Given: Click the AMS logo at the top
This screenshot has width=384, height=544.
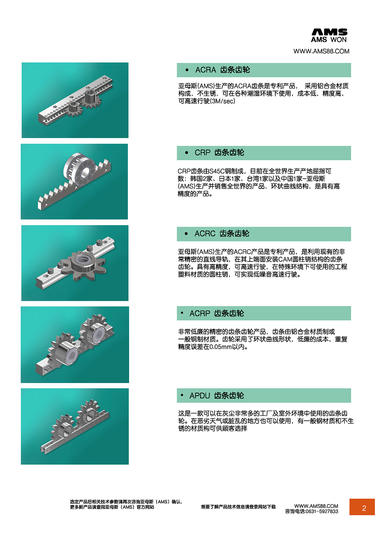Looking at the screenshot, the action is tap(329, 35).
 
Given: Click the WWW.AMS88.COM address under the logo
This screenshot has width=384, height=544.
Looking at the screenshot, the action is tap(321, 51).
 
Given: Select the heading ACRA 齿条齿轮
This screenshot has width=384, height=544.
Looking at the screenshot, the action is tap(222, 70).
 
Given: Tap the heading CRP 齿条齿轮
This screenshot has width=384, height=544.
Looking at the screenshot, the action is tap(219, 153).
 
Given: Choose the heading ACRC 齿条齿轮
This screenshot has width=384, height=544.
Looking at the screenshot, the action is tap(222, 234).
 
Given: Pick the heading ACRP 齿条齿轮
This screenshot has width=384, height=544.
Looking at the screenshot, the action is tap(216, 313).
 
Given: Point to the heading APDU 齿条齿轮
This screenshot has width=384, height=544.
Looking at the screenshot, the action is tap(216, 396).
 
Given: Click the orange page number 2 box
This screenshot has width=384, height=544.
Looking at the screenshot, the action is tap(362, 507).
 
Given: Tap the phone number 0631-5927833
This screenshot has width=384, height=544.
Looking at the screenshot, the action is tap(322, 511).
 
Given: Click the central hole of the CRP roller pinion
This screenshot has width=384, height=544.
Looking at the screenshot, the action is tap(85, 172).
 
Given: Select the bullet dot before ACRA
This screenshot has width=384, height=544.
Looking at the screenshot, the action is tap(187, 70).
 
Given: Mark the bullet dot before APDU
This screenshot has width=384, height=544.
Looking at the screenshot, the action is tap(182, 395).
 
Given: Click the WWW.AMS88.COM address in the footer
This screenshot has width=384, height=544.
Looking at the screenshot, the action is tap(316, 506).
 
